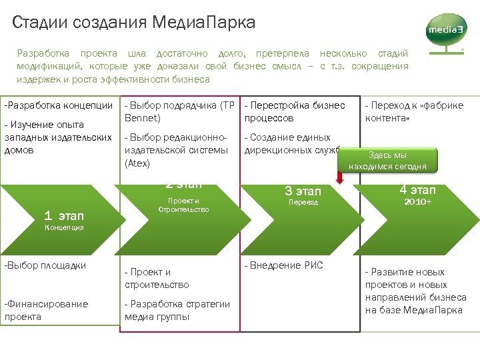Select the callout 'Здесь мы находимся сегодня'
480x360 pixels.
coord(387,161)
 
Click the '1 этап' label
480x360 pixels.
coord(64,215)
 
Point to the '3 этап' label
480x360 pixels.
coord(303,191)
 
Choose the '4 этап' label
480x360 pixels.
coord(417,190)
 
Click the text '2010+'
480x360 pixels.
coord(417,201)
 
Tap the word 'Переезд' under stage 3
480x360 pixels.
coord(303,202)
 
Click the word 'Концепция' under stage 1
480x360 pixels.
coord(64,227)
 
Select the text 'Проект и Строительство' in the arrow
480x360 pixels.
coord(183,205)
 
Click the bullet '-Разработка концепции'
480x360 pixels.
coord(59,105)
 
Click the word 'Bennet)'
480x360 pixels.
coord(143,118)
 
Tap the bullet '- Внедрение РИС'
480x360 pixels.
coord(283,265)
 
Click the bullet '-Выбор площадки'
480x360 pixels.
coord(45,265)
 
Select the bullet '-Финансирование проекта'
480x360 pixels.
coord(46,310)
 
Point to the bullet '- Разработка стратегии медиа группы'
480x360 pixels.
coord(177,310)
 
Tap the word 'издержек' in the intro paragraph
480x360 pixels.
coord(36,79)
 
